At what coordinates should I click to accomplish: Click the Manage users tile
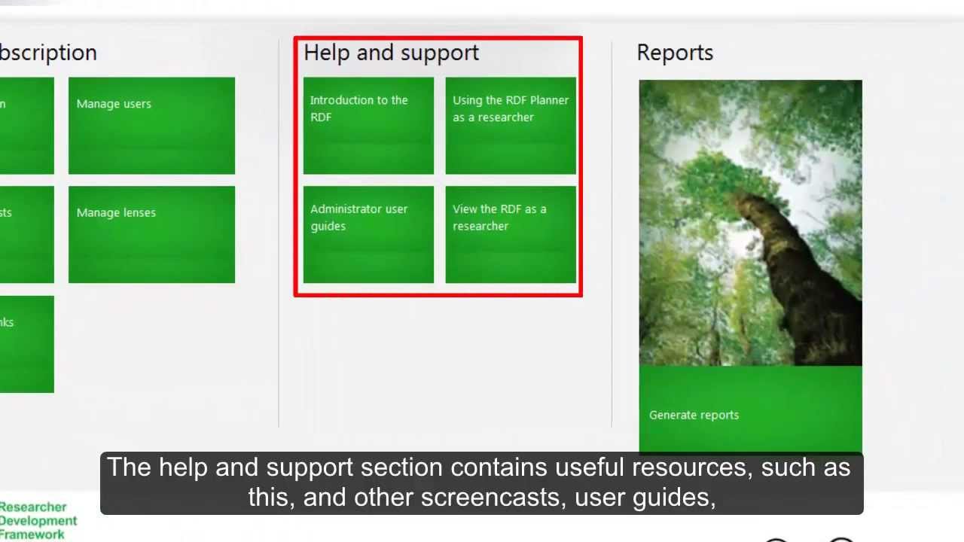coord(151,126)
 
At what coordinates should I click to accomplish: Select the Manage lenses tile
coord(151,234)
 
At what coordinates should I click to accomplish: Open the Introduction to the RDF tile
coord(368,126)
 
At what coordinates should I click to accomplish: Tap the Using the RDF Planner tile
coord(511,126)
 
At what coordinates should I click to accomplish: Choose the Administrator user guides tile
coord(368,234)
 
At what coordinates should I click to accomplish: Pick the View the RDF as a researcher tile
coord(511,234)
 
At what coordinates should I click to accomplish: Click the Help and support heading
coord(391,53)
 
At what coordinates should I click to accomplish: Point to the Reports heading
coord(675,53)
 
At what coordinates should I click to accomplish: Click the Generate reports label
coord(694,415)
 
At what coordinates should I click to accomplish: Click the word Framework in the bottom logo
coord(33,534)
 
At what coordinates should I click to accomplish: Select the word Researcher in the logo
coord(33,507)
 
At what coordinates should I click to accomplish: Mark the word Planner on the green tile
coord(549,100)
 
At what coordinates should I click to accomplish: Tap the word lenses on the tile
coord(136,213)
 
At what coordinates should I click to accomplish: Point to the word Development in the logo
coord(38,521)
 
